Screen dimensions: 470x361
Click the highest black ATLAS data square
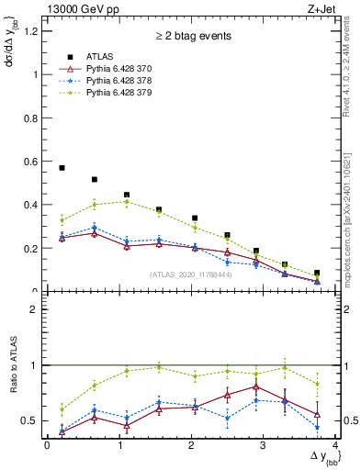62,168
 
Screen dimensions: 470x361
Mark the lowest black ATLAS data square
317,274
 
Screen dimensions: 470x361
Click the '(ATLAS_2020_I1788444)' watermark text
190,274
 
